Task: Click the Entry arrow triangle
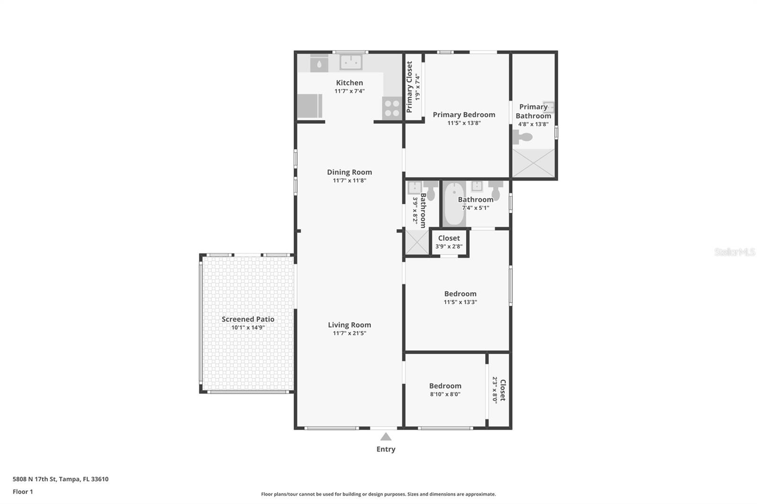tap(386, 436)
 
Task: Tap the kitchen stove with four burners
tap(392, 108)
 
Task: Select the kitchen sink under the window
tap(351, 62)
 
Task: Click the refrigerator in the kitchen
tap(309, 106)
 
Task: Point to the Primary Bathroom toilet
tap(522, 137)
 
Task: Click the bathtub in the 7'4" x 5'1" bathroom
tap(454, 204)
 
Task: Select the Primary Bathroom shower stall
tap(533, 163)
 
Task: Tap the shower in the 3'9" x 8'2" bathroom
tap(416, 242)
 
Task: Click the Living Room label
tap(349, 325)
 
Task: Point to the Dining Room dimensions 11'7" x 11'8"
tap(349, 180)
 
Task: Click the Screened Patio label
tap(248, 319)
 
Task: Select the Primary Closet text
tap(410, 87)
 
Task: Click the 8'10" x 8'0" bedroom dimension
tap(445, 394)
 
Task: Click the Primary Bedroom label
tap(464, 114)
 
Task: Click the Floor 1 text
tap(23, 492)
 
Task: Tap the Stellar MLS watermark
tap(734, 252)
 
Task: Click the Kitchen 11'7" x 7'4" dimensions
tap(349, 91)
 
